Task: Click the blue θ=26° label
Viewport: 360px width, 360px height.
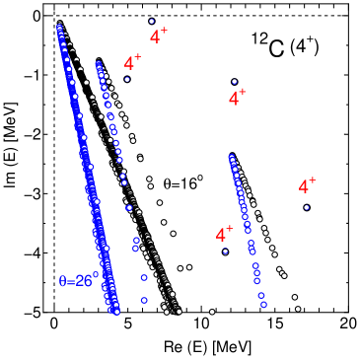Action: coord(78,281)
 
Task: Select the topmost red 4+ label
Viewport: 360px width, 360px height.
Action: coord(158,36)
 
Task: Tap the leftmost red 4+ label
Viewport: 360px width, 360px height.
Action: coord(132,63)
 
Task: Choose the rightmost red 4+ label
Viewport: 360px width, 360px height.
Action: coord(307,186)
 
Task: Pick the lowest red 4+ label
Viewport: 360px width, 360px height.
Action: coord(224,235)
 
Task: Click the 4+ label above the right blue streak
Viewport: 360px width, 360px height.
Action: coord(237,99)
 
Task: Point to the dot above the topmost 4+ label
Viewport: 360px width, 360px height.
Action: coord(151,21)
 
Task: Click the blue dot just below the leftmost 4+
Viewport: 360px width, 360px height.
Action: coord(127,79)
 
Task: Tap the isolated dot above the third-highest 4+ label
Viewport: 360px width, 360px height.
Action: coord(234,81)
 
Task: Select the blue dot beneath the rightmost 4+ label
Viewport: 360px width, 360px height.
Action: coord(307,207)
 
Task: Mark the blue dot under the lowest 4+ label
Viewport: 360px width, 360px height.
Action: coord(225,252)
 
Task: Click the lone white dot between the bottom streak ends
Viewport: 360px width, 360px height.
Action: coord(212,312)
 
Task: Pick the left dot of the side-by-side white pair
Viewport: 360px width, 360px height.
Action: coord(180,268)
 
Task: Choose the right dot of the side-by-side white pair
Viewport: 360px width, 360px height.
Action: coord(189,267)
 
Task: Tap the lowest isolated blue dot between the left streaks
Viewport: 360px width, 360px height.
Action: coord(144,300)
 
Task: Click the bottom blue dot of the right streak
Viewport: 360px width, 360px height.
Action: coord(263,305)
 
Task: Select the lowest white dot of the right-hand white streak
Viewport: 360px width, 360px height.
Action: coord(298,309)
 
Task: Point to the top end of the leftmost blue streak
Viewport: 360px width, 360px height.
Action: coord(59,24)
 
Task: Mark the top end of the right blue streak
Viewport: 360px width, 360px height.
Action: coord(231,156)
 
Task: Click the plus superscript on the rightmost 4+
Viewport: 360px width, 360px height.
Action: coord(312,180)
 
